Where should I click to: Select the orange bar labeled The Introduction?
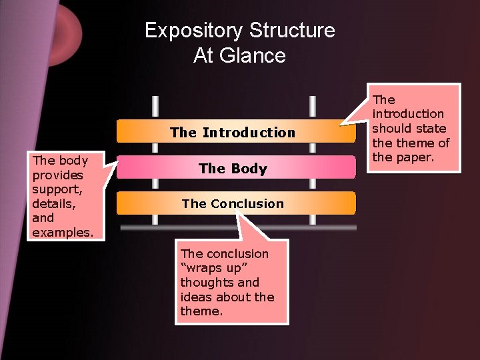[233, 132]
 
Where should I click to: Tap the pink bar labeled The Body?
[233, 169]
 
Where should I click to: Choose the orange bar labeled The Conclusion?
[233, 203]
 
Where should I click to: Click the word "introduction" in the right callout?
[408, 114]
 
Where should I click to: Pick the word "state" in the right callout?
[433, 129]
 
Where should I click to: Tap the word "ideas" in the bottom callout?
[194, 297]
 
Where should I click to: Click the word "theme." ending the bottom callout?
[201, 311]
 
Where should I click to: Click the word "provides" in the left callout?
[57, 175]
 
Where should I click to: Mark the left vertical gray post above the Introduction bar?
[155, 107]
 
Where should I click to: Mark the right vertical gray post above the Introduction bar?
[312, 107]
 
